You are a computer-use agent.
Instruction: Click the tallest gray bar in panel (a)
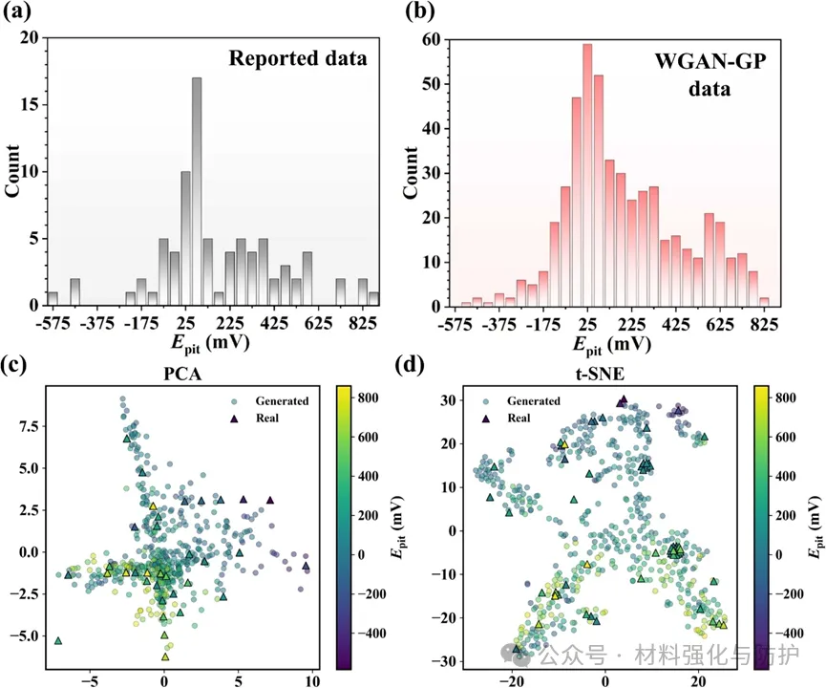[x=197, y=191]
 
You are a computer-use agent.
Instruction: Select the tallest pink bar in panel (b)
[x=587, y=173]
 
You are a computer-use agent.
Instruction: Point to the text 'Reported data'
[x=297, y=59]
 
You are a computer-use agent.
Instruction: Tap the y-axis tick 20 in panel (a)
[x=30, y=38]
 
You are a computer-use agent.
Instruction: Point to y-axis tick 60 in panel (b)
[x=432, y=41]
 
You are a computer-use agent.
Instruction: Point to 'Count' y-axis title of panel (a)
[x=13, y=172]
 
